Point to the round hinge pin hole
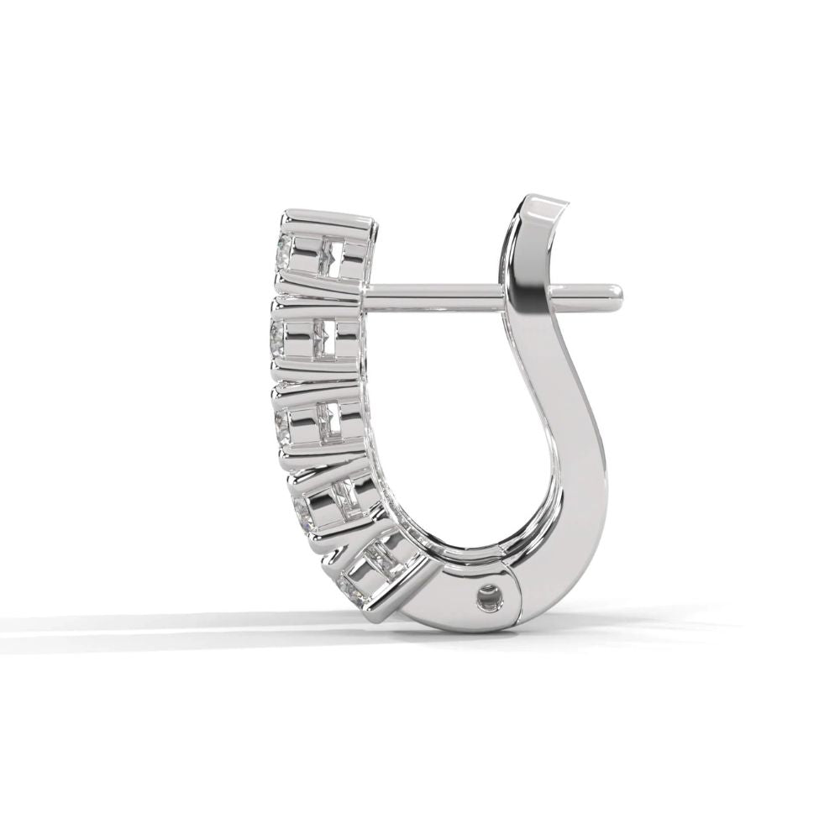click(x=486, y=599)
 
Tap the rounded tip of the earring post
click(x=617, y=291)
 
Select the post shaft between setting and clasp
click(x=437, y=294)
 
